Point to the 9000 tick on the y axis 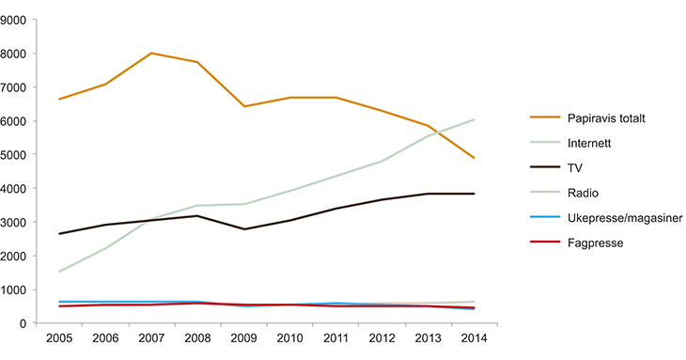(15, 20)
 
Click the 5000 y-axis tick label (15, 154)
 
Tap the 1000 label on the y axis (15, 290)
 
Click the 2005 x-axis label (59, 338)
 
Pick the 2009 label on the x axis (243, 338)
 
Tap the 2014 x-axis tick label (473, 338)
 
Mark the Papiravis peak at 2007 (151, 54)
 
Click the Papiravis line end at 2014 (473, 158)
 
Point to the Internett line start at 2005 (59, 272)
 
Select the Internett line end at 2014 (473, 119)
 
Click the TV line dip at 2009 (243, 229)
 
